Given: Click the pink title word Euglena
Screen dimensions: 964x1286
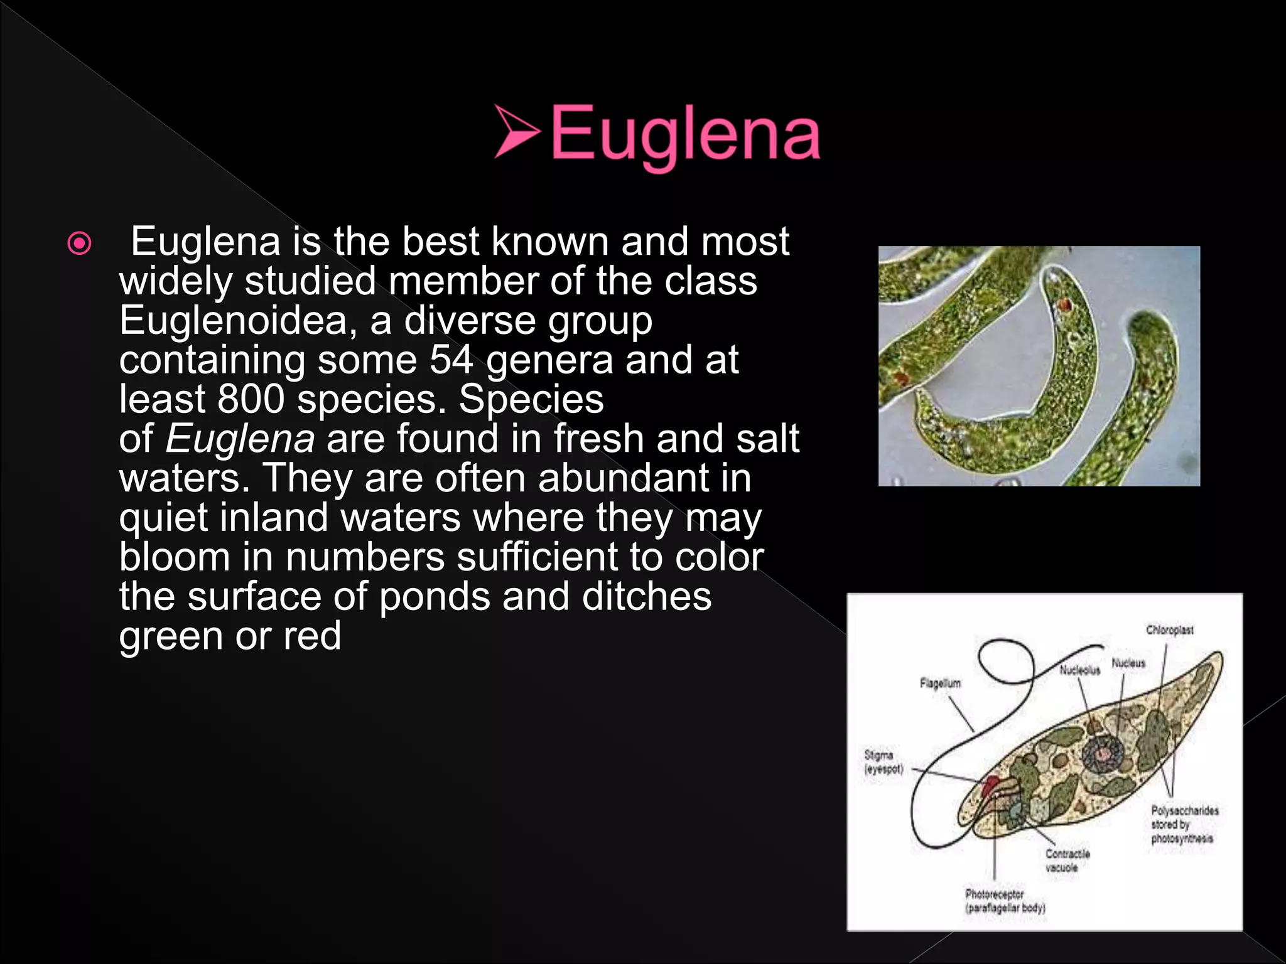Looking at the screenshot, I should [x=685, y=134].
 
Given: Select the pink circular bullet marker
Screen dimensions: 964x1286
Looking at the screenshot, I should [x=79, y=244].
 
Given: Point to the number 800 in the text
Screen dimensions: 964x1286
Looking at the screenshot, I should [x=251, y=399].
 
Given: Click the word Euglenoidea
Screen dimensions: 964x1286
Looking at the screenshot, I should [x=233, y=321].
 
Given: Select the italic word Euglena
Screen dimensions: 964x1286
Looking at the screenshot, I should [x=240, y=439].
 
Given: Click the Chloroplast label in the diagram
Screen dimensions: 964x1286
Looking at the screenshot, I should [x=1169, y=629].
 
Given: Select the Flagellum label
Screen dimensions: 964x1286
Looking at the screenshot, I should [x=940, y=683].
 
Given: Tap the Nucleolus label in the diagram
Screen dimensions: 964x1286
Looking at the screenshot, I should [x=1079, y=670].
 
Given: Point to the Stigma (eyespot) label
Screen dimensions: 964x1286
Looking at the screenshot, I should [x=883, y=762].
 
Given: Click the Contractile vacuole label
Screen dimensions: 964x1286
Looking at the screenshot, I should [x=1067, y=860].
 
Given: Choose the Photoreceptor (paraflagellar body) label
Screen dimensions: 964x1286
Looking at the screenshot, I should [x=1005, y=901].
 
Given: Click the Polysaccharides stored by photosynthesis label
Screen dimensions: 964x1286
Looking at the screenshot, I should [x=1184, y=824].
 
